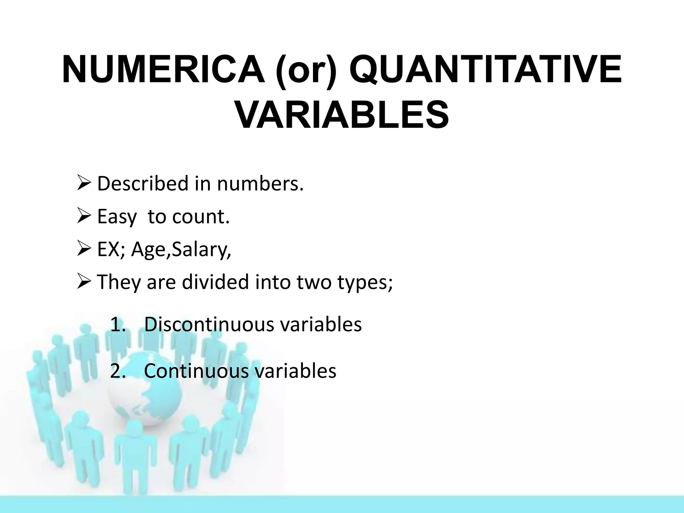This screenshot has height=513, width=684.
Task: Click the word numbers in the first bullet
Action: point(260,184)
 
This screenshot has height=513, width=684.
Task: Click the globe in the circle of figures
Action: point(144,397)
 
